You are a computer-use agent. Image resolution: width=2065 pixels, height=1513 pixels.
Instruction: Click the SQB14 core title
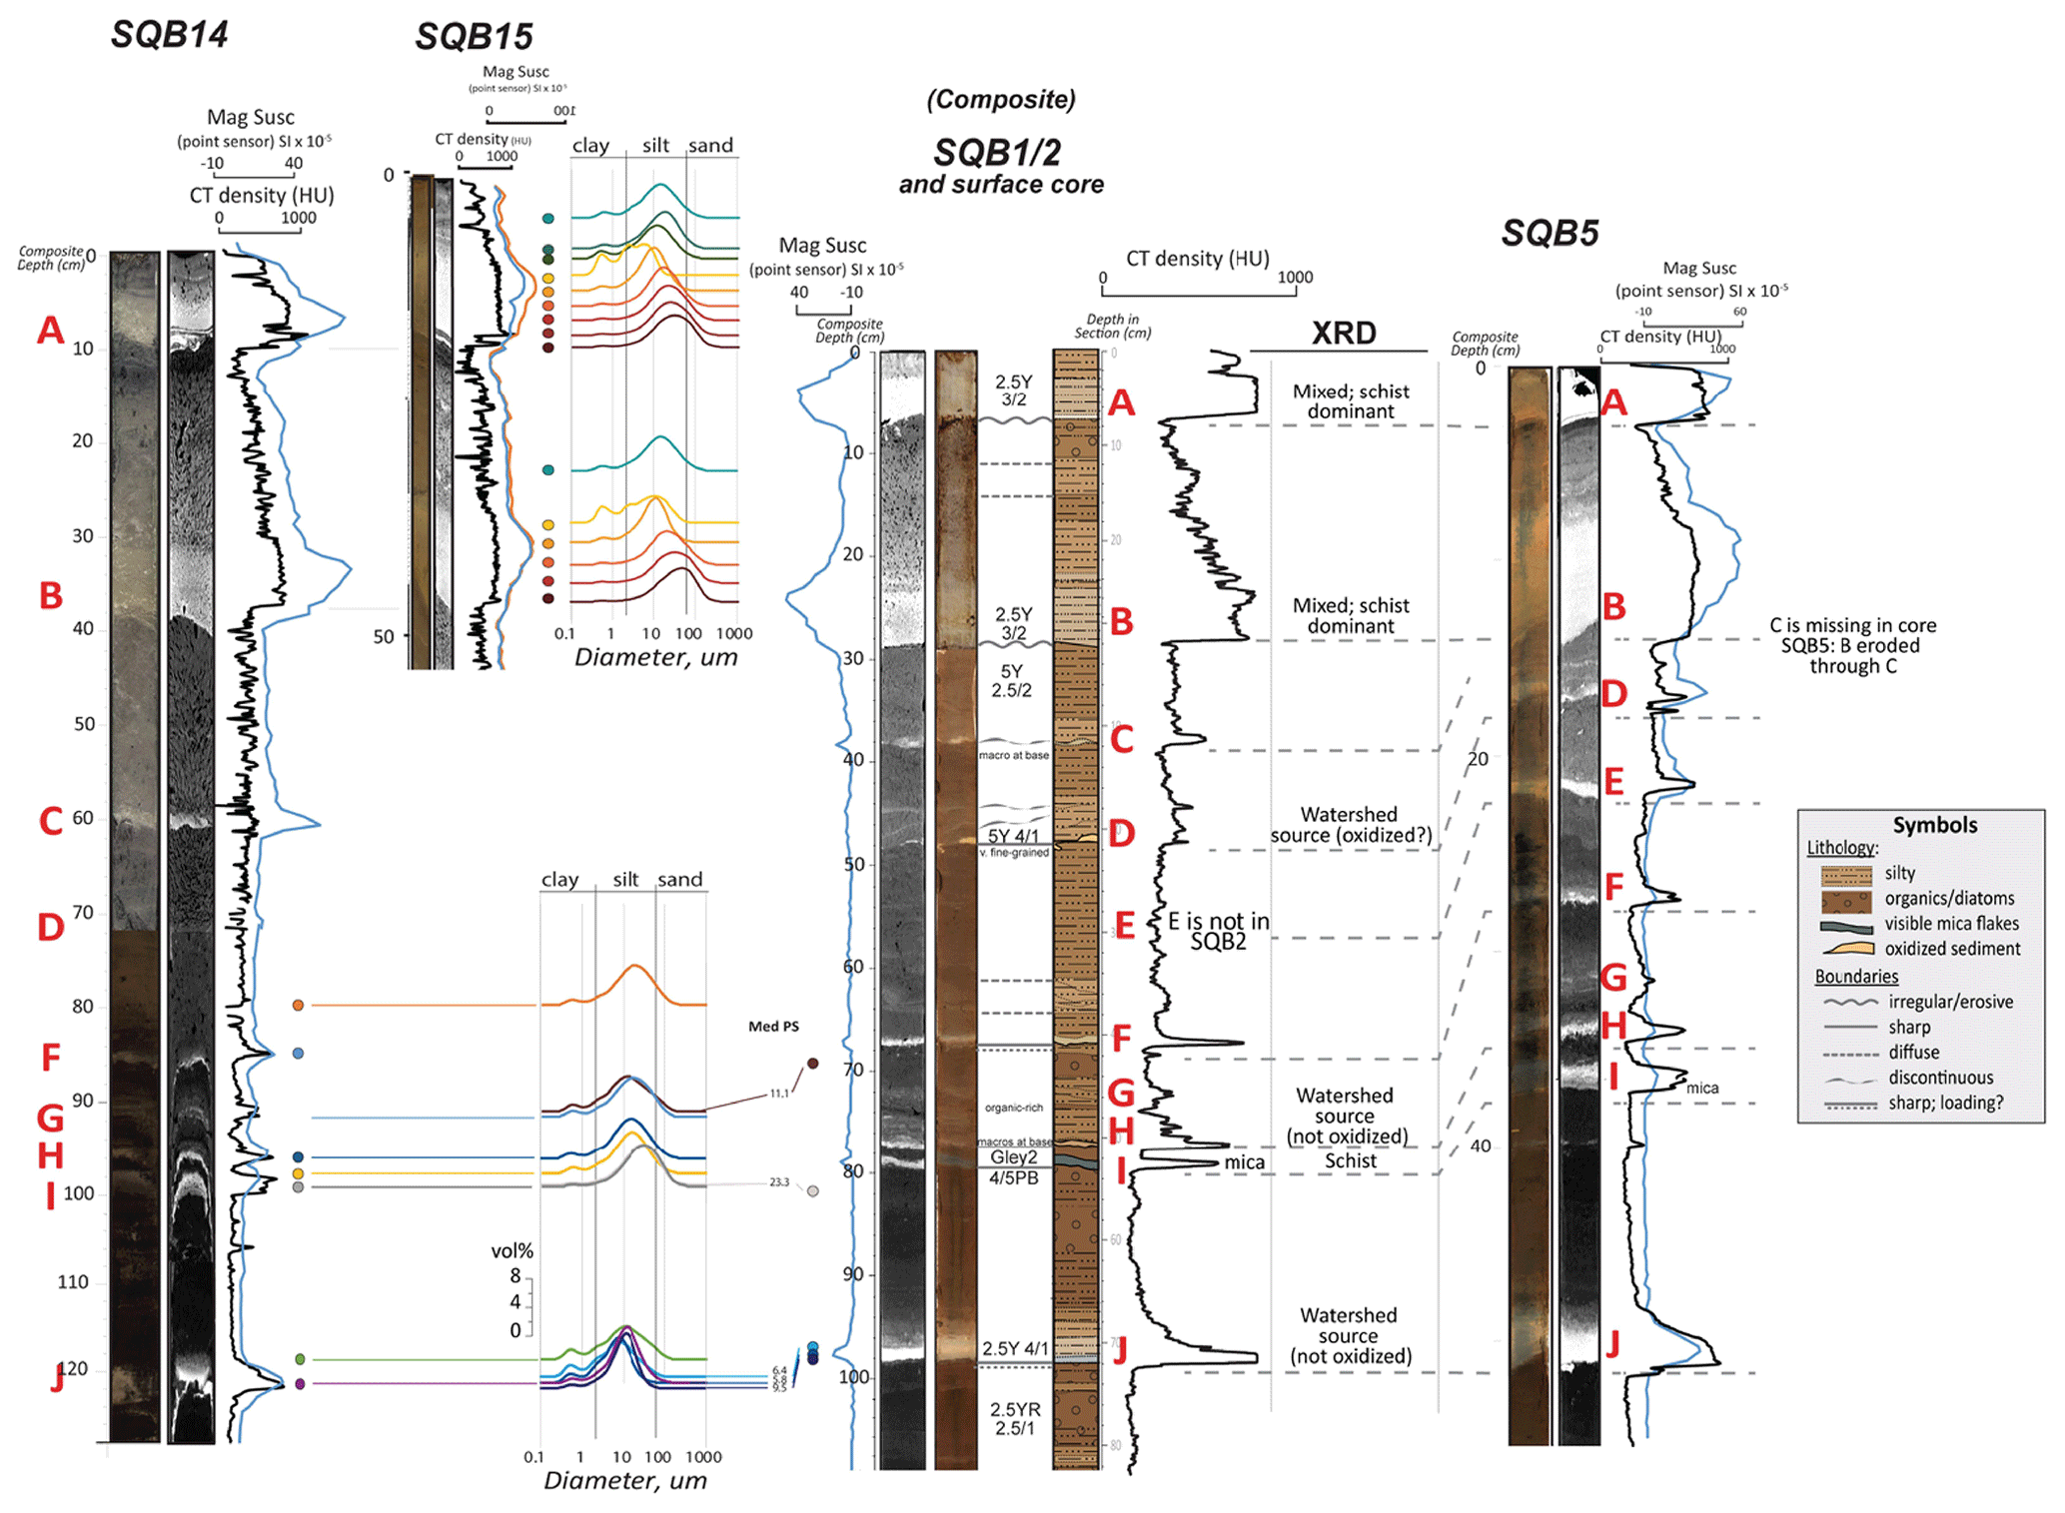tap(169, 34)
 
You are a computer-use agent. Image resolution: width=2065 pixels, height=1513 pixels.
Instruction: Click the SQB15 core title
tap(474, 37)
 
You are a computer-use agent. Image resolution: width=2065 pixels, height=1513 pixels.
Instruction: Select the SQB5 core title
tap(1549, 233)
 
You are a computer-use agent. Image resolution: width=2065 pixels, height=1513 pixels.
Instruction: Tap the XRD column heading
tap(1344, 333)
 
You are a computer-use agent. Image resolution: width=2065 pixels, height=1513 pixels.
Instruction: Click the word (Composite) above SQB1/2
tap(1001, 100)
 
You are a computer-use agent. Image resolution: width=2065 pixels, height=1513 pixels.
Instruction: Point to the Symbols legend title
tap(1934, 825)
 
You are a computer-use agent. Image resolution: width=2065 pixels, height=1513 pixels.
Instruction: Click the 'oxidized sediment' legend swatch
tap(1846, 949)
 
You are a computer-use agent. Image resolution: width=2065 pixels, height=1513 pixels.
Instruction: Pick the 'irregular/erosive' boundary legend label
tap(1950, 1002)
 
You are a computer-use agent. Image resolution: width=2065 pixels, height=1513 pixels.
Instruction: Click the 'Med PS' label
tap(773, 1027)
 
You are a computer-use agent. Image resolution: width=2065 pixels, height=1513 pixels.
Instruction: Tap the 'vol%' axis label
tap(512, 1251)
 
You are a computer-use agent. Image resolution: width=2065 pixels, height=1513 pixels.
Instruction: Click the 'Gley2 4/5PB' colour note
tap(1014, 1167)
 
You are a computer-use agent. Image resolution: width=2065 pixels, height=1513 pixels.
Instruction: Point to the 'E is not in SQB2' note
tap(1218, 931)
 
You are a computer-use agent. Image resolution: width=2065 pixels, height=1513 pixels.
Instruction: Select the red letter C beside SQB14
tap(51, 821)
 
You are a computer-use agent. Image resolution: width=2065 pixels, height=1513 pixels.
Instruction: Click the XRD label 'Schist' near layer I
tap(1351, 1160)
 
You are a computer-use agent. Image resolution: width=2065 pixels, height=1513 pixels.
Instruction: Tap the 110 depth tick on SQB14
tap(73, 1282)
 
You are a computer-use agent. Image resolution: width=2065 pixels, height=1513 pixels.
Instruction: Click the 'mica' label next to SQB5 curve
tap(1702, 1088)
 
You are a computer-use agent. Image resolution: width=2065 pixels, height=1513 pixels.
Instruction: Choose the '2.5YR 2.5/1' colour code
tap(1015, 1418)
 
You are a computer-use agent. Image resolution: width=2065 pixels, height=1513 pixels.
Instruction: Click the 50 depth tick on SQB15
tap(384, 637)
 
